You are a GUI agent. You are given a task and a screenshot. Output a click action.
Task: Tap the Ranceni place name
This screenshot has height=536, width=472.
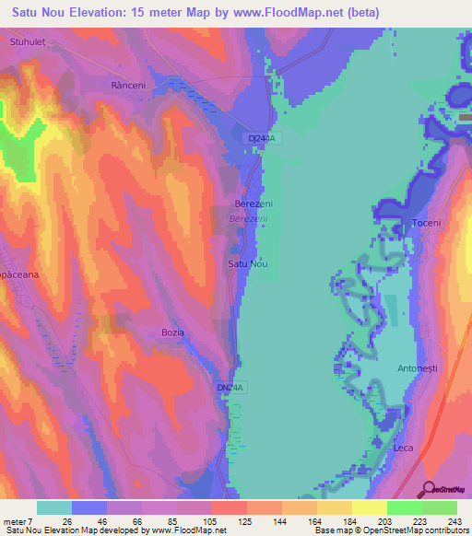coord(128,85)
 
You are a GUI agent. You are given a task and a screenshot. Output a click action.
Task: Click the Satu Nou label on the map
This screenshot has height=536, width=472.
coord(247,264)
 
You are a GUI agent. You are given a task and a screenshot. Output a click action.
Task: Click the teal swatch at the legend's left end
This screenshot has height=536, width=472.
coord(53,507)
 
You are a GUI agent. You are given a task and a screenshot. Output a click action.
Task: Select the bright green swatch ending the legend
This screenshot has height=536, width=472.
coord(440,507)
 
